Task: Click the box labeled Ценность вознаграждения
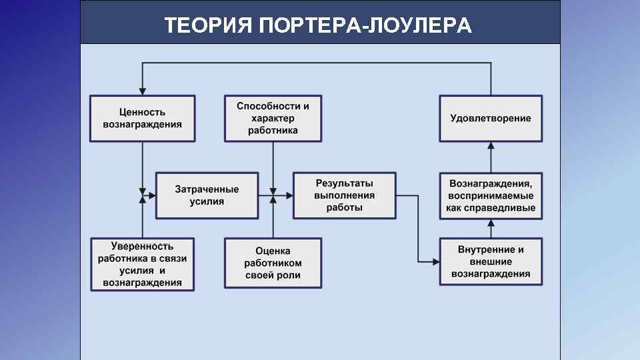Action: click(x=142, y=118)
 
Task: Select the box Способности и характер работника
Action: click(x=273, y=118)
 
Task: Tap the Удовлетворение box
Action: click(x=491, y=118)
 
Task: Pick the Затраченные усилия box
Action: click(x=207, y=195)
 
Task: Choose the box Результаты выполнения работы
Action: click(x=344, y=195)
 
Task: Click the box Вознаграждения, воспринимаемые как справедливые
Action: click(x=491, y=195)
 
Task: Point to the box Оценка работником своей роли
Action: click(x=273, y=263)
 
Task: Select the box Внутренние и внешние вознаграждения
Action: click(x=491, y=261)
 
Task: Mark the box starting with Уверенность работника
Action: click(x=142, y=264)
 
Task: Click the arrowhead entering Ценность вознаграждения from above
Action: click(x=142, y=91)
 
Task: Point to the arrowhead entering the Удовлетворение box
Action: click(x=491, y=145)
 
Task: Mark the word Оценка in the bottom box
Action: click(x=273, y=251)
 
